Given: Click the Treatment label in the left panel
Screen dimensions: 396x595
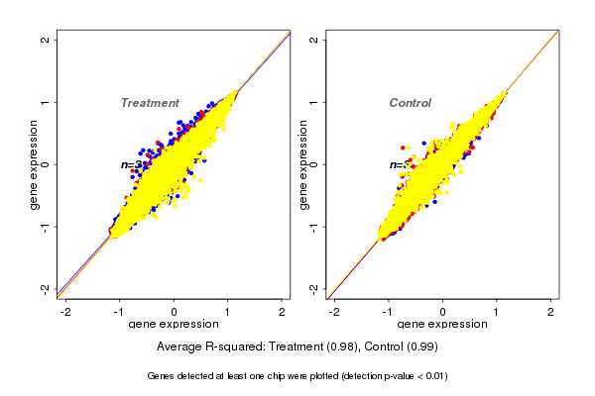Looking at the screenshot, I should (x=150, y=103).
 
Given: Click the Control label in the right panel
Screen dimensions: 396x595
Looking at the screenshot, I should (x=411, y=103).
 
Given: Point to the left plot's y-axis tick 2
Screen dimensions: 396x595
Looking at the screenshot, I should (x=46, y=40).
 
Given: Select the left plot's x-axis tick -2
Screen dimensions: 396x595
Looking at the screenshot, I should (x=66, y=312).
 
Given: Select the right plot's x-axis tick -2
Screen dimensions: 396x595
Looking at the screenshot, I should (x=335, y=312).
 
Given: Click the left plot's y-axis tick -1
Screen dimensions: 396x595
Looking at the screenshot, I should (x=46, y=227).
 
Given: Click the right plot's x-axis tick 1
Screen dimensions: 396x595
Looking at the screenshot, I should (x=498, y=312).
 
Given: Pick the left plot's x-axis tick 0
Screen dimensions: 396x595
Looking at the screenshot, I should (x=175, y=312).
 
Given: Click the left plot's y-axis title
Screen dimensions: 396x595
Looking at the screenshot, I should (x=34, y=164).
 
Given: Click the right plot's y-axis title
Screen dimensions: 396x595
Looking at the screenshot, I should (x=303, y=164).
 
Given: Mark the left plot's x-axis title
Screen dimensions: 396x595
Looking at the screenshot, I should (x=174, y=325).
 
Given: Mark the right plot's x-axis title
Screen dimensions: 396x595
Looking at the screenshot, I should (x=442, y=325).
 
